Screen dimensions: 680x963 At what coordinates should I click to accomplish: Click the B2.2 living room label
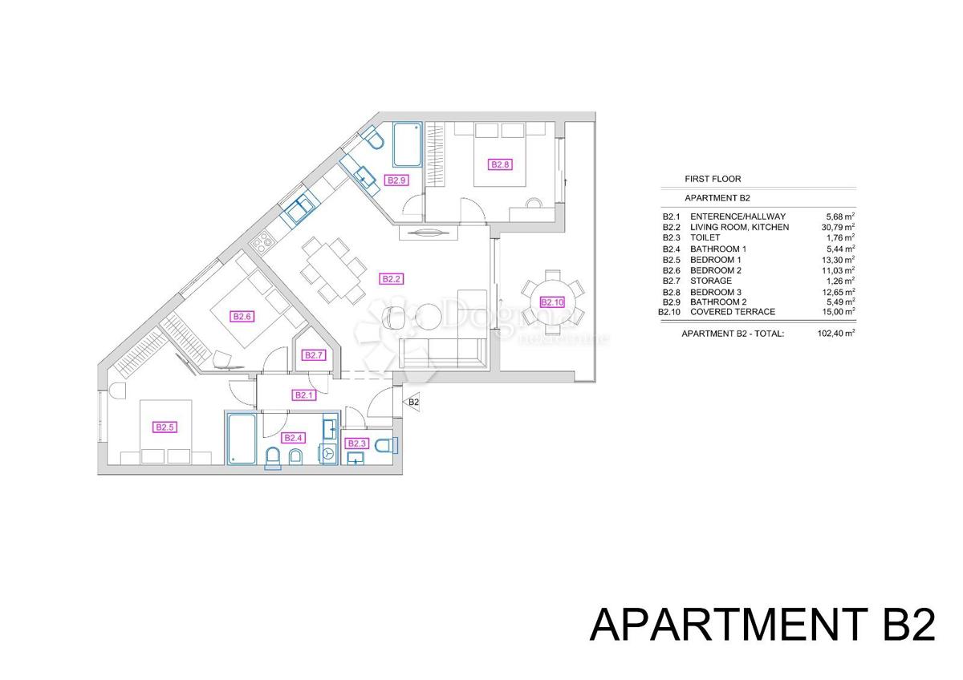[391, 279]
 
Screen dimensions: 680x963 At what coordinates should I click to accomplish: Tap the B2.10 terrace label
[552, 302]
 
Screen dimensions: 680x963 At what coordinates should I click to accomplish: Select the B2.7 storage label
[314, 355]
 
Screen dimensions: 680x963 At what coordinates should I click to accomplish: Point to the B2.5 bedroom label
[165, 427]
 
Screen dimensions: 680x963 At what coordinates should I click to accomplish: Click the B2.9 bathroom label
[397, 180]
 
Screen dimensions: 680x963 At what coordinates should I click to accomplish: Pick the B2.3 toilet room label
[356, 443]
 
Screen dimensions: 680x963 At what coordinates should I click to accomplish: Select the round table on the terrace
[552, 297]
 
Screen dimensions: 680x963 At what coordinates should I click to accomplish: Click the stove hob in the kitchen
[261, 239]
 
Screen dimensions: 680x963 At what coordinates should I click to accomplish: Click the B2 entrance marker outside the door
[414, 403]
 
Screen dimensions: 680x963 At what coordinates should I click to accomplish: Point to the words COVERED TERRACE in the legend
[733, 311]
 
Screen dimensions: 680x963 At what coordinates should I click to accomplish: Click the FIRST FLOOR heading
[713, 179]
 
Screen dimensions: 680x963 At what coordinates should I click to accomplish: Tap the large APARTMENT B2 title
[762, 625]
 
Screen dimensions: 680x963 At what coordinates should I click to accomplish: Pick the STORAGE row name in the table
[710, 281]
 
